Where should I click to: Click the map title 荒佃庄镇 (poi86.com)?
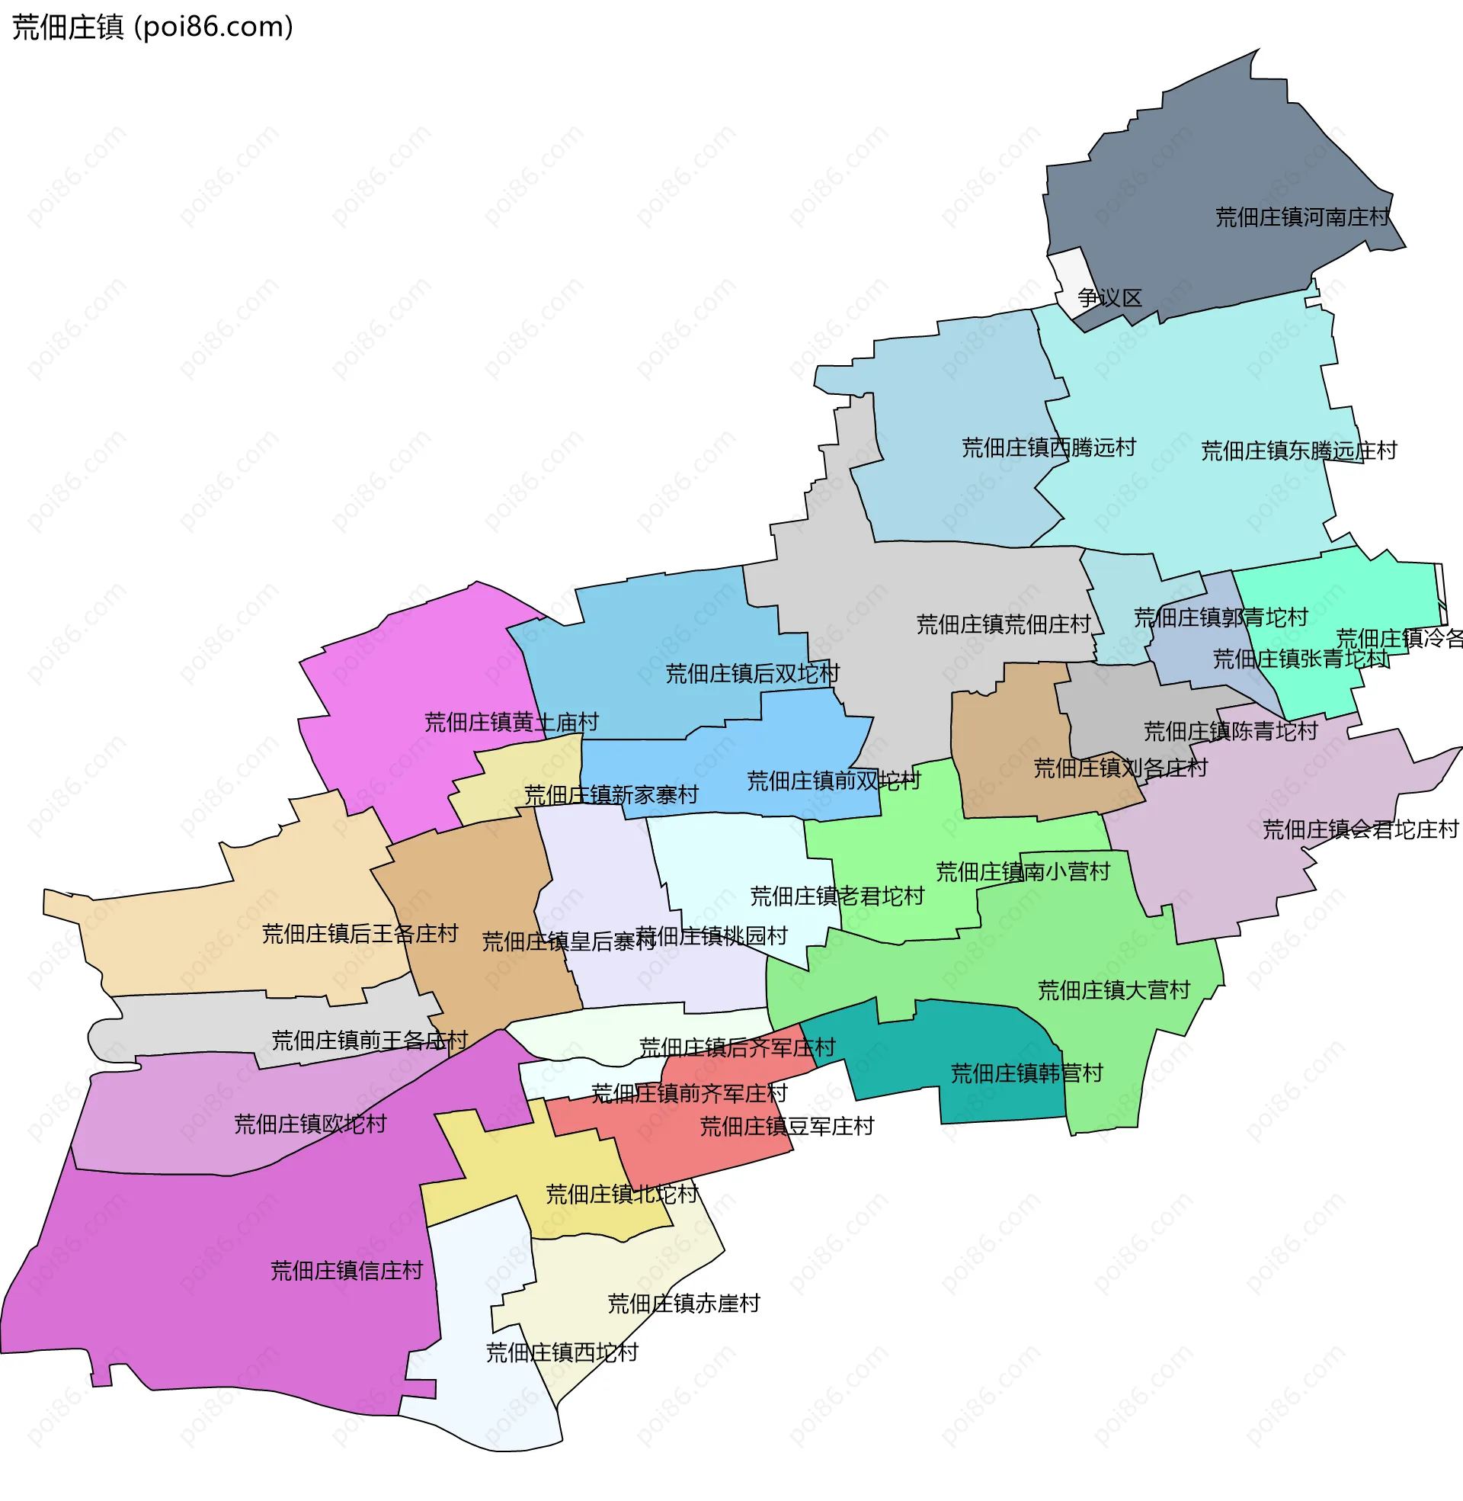pos(152,27)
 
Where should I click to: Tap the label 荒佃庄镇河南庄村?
pos(1301,217)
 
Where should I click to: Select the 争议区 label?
pos(1109,297)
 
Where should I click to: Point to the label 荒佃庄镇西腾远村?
pos(1048,447)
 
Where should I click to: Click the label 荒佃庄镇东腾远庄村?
pos(1298,451)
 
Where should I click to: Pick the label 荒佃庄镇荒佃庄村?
pos(1003,624)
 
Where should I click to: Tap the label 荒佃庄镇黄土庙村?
pos(511,722)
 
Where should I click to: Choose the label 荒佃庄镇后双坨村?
pos(751,673)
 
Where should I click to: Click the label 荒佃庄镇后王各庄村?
pos(360,933)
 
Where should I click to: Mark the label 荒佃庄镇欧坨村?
pos(309,1124)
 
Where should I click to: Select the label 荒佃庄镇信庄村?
pos(346,1270)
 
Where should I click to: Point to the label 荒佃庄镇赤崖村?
pos(683,1303)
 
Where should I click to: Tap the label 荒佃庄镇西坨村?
pos(562,1352)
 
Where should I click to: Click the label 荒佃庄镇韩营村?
pos(1026,1073)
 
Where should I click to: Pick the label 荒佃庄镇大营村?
pos(1113,990)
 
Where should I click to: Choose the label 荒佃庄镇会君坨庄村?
pos(1360,829)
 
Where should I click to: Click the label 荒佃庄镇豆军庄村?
pos(786,1126)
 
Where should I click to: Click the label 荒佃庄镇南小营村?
pos(1022,871)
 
